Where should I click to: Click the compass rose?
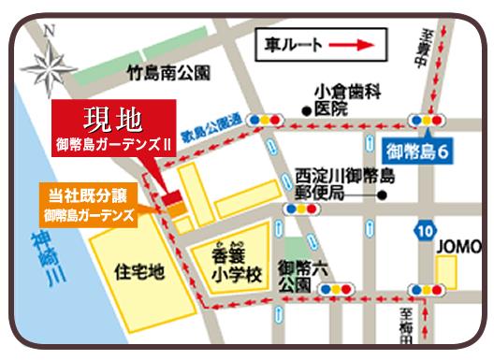[50, 62]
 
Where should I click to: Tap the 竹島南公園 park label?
[168, 72]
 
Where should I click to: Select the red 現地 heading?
[111, 119]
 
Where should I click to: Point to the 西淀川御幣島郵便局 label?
[344, 183]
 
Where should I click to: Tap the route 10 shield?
[426, 230]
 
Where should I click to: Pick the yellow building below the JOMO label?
[447, 273]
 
